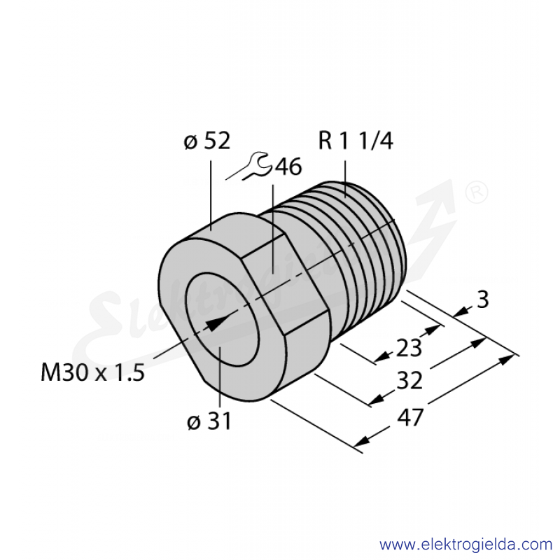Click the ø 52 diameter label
point(206,141)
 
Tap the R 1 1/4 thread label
point(356,141)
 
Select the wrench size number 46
point(288,167)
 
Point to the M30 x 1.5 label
point(93,372)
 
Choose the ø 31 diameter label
point(209,421)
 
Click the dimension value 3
point(483,300)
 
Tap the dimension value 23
point(409,347)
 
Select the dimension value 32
point(409,380)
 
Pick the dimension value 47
point(410,416)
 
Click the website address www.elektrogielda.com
point(465,545)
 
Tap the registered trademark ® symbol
point(477,192)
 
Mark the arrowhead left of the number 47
point(362,442)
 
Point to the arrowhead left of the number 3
point(461,312)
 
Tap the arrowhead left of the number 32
point(377,400)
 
